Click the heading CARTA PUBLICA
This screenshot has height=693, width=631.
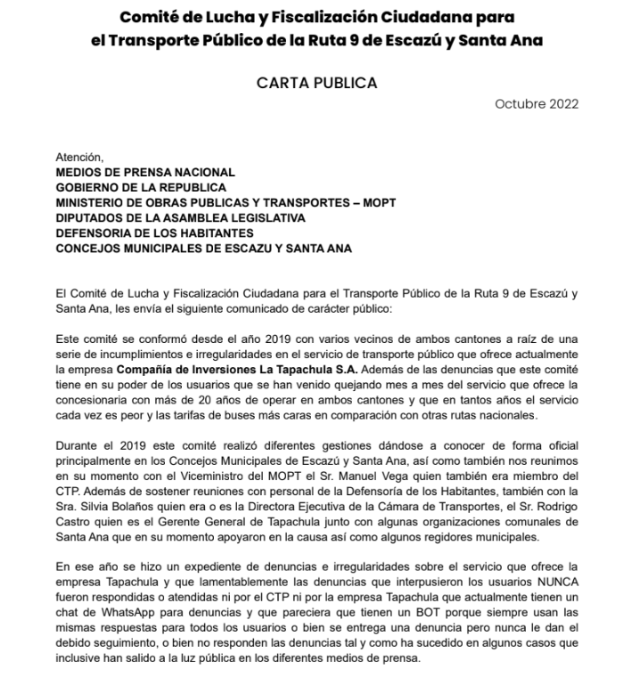coord(316,83)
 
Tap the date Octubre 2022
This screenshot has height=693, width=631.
coord(537,104)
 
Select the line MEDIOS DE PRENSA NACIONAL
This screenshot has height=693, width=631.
coord(145,172)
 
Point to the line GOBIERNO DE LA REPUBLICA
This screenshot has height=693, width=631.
coord(141,188)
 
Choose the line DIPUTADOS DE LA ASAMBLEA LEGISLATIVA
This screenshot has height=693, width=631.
coord(180,218)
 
